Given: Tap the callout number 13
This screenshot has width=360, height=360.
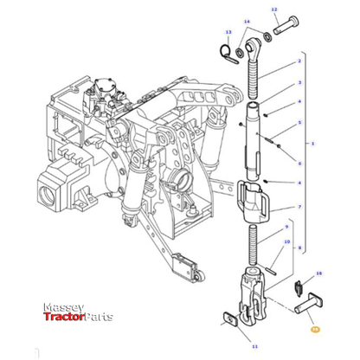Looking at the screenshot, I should tap(228, 32).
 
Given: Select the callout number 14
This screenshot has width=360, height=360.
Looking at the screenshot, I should tap(247, 21).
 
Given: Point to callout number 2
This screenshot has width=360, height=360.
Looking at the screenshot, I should tap(299, 61).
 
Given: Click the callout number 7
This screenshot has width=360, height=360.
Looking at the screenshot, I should tap(299, 208).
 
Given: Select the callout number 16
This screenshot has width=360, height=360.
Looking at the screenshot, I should tap(318, 273).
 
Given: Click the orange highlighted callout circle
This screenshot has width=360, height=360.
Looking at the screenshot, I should tap(315, 330).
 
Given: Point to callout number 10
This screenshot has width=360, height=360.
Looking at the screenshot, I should tap(286, 244).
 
